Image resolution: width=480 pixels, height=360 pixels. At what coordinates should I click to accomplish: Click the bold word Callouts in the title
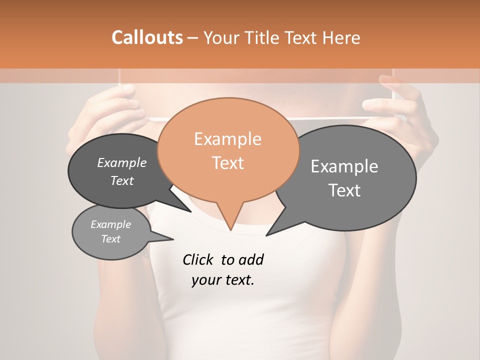pyautogui.click(x=147, y=37)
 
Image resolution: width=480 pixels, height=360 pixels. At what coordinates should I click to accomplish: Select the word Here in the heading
pyautogui.click(x=342, y=37)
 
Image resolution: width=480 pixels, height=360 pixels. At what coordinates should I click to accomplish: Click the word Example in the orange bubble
pyautogui.click(x=227, y=139)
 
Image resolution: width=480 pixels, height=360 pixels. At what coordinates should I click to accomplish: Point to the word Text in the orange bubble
pyautogui.click(x=227, y=163)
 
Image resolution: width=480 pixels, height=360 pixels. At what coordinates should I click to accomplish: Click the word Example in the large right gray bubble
pyautogui.click(x=344, y=166)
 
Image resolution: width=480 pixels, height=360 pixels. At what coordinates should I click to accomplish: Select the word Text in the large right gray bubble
pyautogui.click(x=344, y=190)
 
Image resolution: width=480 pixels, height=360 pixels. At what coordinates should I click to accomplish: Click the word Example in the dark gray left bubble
pyautogui.click(x=121, y=162)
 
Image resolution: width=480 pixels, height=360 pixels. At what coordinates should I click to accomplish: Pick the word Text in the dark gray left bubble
pyautogui.click(x=121, y=180)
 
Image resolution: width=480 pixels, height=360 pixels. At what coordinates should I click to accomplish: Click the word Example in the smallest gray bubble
pyautogui.click(x=110, y=224)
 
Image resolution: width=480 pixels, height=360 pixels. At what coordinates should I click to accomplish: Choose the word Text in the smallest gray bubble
pyautogui.click(x=110, y=239)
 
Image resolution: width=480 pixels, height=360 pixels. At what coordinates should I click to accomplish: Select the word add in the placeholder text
pyautogui.click(x=251, y=259)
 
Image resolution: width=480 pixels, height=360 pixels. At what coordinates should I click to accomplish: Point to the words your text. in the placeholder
pyautogui.click(x=222, y=280)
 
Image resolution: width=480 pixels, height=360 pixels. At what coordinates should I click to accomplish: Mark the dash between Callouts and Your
pyautogui.click(x=193, y=37)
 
